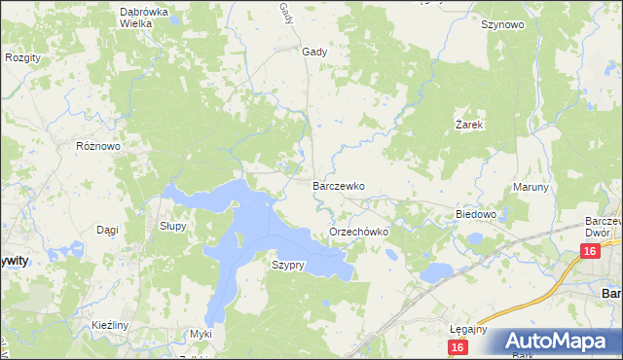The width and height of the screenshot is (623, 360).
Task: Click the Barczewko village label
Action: pyautogui.click(x=338, y=185)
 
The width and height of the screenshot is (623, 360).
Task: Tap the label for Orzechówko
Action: pyautogui.click(x=359, y=233)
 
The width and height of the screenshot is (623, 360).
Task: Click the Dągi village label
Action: pyautogui.click(x=107, y=230)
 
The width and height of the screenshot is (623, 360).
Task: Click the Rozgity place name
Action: pyautogui.click(x=22, y=58)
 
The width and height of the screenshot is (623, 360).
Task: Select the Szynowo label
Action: pyautogui.click(x=502, y=25)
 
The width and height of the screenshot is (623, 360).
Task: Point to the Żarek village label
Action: pyautogui.click(x=470, y=126)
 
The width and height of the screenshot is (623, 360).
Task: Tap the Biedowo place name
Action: pyautogui.click(x=477, y=214)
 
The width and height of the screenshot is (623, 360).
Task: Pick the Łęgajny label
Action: pyautogui.click(x=469, y=329)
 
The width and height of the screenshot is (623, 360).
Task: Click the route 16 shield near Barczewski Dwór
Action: pyautogui.click(x=589, y=252)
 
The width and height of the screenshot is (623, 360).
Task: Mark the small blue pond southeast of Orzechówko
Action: pyautogui.click(x=436, y=270)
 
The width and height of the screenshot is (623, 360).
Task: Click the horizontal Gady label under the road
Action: pyautogui.click(x=314, y=53)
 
